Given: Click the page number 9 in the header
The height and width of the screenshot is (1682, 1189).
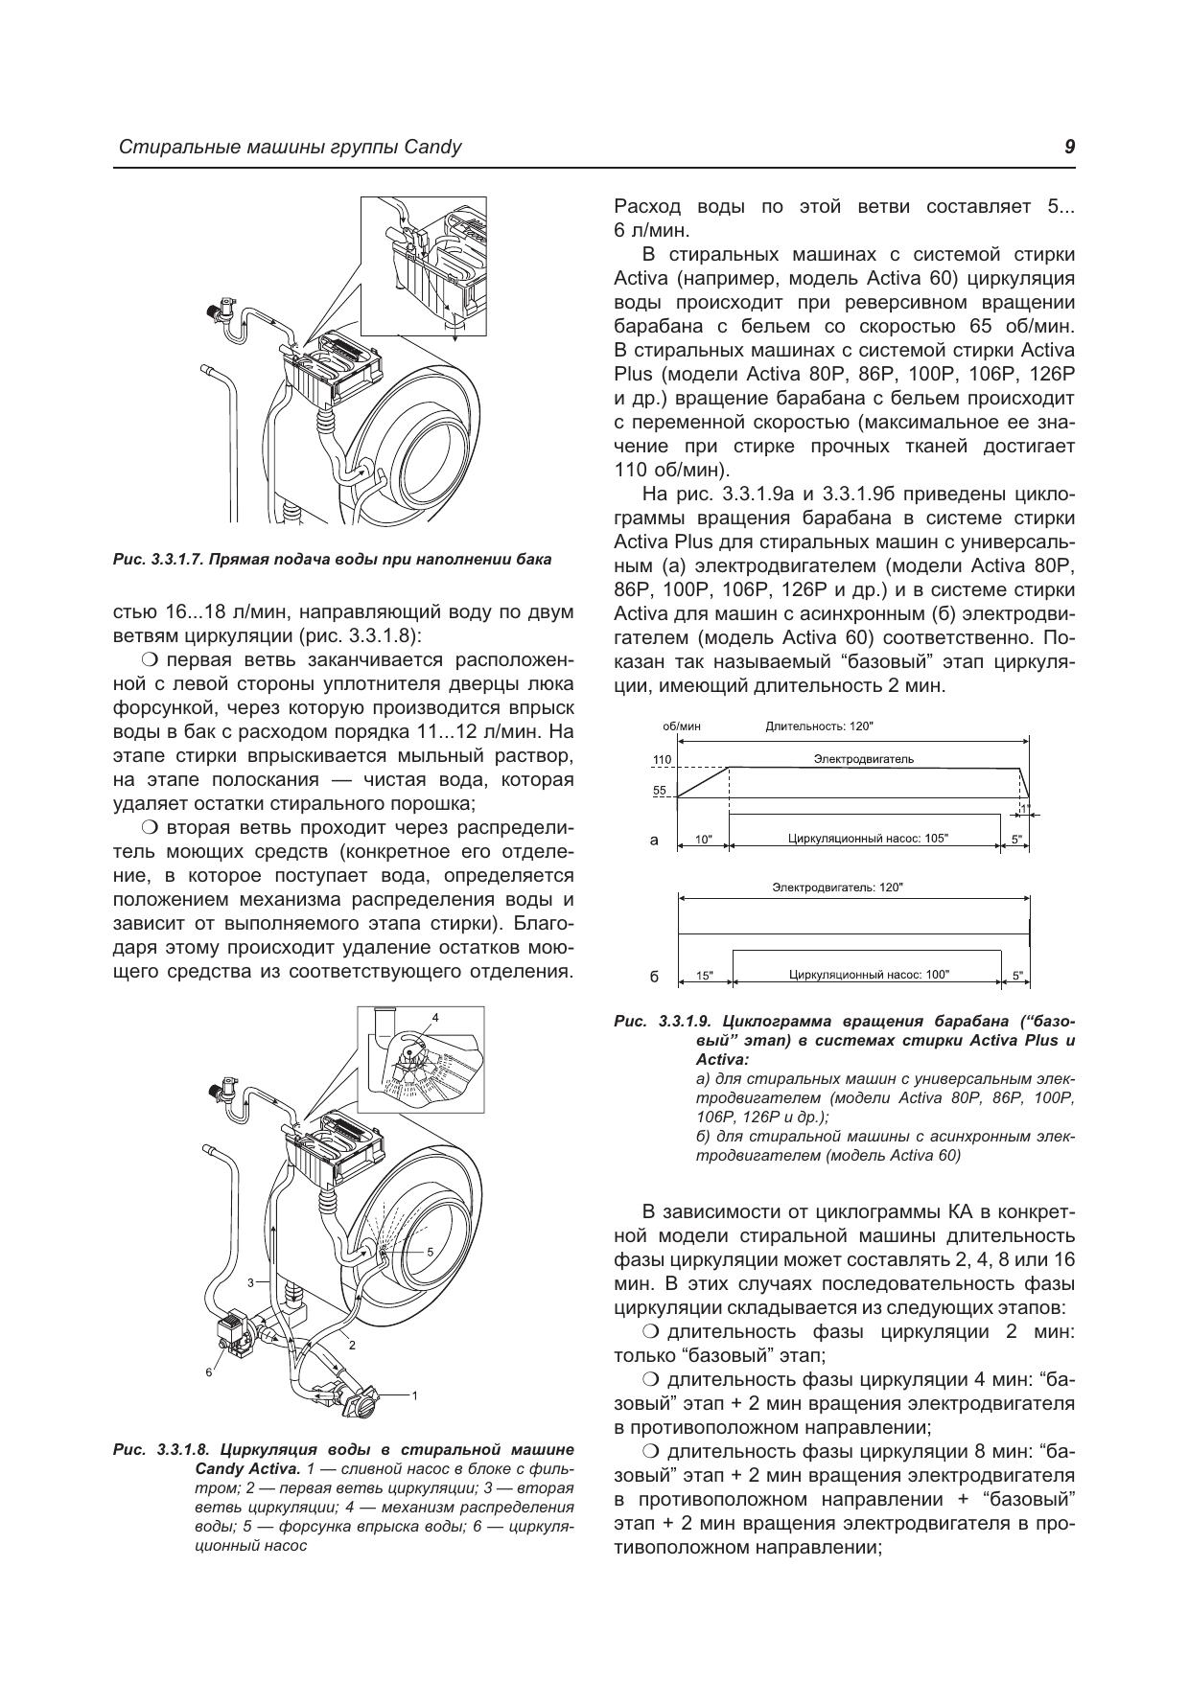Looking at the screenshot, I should point(1069,147).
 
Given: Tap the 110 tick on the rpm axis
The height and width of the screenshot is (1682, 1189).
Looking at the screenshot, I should point(662,760).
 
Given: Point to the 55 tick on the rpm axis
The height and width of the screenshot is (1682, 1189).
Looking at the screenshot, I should point(660,791).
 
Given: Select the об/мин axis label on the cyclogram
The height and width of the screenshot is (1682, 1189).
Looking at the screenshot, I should point(682,726).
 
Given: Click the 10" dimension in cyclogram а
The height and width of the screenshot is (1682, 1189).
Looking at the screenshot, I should point(704,840).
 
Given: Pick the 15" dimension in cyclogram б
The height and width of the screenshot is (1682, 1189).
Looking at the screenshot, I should point(705,976).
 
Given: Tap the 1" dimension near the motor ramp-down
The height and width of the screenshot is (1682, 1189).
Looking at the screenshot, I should point(1024,809).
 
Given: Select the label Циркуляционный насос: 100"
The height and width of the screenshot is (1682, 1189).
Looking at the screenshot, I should point(869,975).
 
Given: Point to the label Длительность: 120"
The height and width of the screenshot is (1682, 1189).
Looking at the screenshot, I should point(820,726).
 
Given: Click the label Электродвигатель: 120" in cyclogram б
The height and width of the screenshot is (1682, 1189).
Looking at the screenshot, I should point(838,887).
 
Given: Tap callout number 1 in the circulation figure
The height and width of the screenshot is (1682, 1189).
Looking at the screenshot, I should point(414,1395).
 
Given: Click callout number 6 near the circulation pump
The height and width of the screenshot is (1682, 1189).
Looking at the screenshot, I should point(208,1372).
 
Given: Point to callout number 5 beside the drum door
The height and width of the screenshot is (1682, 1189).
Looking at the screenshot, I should point(430,1252).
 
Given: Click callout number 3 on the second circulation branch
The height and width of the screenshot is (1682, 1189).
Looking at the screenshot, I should point(250,1281).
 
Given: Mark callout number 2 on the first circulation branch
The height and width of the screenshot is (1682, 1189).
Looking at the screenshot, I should point(352,1345).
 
